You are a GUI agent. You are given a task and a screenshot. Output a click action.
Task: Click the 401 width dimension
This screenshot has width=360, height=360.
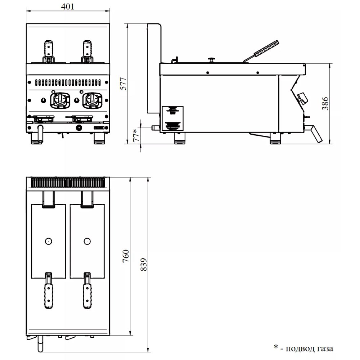68,6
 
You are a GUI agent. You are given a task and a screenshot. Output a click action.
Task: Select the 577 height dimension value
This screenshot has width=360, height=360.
123,84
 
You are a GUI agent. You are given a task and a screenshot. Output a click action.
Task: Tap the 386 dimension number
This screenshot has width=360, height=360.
325,104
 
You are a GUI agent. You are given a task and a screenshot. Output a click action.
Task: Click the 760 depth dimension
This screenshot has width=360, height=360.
126,256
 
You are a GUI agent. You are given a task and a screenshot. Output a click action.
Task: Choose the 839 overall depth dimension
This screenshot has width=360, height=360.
144,265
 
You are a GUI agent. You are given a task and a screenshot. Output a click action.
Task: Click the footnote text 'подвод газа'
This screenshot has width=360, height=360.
309,349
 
